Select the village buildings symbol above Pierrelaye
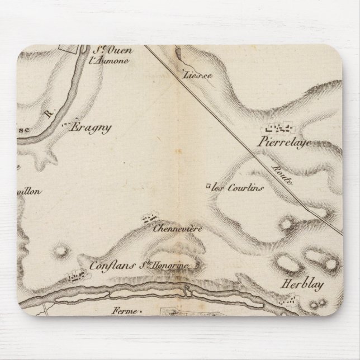click(x=282, y=128)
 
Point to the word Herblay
click(x=295, y=283)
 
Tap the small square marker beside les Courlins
click(x=208, y=186)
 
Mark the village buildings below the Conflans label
click(x=75, y=276)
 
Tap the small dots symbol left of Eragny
click(x=67, y=124)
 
